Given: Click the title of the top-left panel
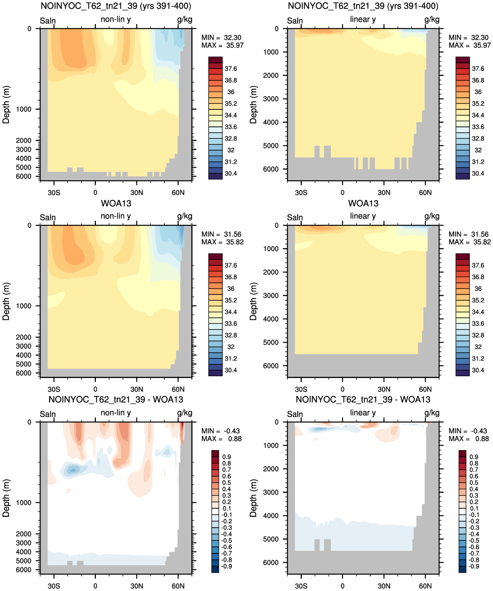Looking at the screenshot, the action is point(116,6).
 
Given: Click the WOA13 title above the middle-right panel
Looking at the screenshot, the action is point(363,203).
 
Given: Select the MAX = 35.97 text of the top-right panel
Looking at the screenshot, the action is point(469,45).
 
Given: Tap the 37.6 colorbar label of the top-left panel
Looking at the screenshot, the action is point(231,69).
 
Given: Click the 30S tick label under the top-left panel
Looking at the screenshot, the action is point(54,192).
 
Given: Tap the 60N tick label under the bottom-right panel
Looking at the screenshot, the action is point(425,586).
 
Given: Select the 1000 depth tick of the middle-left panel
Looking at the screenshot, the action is point(24,306).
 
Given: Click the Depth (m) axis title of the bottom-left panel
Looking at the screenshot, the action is point(6,498).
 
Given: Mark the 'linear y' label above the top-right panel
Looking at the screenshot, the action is point(363,19).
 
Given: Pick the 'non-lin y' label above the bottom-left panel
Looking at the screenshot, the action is point(116,413).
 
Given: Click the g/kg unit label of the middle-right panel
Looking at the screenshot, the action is point(432,216).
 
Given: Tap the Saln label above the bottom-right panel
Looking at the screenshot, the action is point(295,414).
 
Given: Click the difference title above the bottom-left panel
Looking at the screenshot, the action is point(116,399).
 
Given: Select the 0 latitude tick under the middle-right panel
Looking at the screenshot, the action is point(343,389).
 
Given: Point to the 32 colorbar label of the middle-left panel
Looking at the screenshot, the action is point(231,347).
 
